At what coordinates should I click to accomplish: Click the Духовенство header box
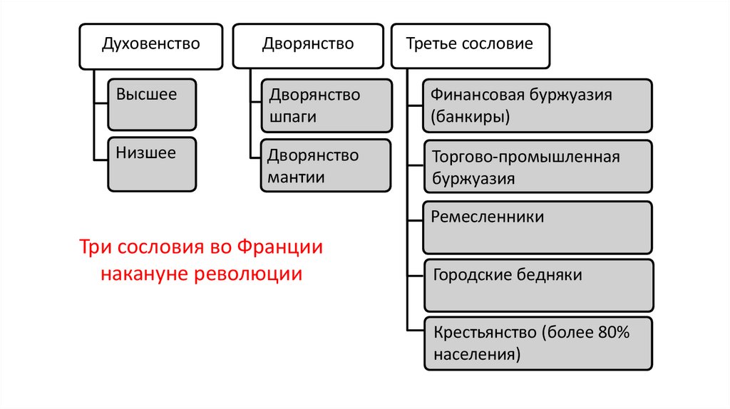click(150, 46)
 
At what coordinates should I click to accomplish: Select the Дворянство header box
click(307, 46)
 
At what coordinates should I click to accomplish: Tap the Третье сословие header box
click(469, 46)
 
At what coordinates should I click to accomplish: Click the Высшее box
click(152, 105)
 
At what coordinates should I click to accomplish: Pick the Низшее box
click(152, 164)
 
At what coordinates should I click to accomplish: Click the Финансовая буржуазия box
click(537, 105)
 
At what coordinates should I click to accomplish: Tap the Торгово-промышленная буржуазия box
click(537, 166)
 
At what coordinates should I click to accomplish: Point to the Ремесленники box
click(537, 227)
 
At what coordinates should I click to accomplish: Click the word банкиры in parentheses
click(471, 117)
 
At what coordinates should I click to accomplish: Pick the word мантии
click(297, 177)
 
